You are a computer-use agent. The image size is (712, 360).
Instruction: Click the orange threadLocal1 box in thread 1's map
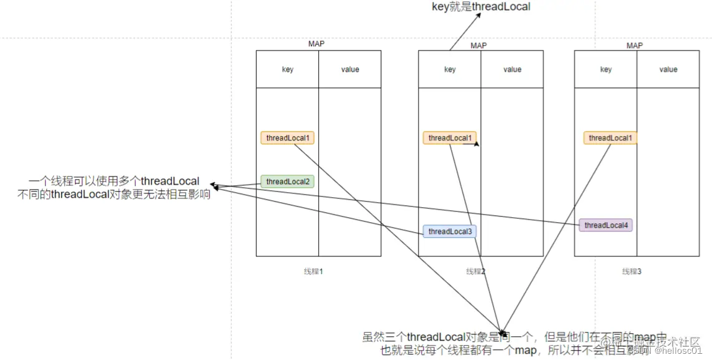pyautogui.click(x=288, y=138)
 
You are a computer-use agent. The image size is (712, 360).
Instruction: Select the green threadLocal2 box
pyautogui.click(x=288, y=182)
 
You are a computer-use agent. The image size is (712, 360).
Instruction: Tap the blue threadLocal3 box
pyautogui.click(x=449, y=231)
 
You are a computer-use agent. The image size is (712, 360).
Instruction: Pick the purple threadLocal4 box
pyautogui.click(x=605, y=225)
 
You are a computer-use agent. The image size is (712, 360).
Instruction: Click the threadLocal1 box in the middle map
pyautogui.click(x=449, y=138)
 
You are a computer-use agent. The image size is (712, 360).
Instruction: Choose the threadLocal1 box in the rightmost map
pyautogui.click(x=610, y=138)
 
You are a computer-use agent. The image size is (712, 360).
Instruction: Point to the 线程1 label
pyautogui.click(x=313, y=271)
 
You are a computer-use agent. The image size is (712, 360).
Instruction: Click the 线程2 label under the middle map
pyautogui.click(x=475, y=271)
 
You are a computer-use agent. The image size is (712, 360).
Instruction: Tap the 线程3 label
pyautogui.click(x=632, y=271)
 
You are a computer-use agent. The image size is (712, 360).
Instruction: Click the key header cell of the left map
pyautogui.click(x=288, y=69)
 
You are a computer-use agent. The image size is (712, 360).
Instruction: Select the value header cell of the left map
pyautogui.click(x=350, y=69)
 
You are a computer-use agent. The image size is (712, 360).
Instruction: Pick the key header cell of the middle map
pyautogui.click(x=450, y=69)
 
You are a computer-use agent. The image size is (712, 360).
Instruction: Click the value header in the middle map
pyautogui.click(x=512, y=69)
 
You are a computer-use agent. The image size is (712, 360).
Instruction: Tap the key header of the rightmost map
pyautogui.click(x=606, y=69)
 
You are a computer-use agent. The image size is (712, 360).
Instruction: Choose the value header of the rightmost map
pyautogui.click(x=668, y=69)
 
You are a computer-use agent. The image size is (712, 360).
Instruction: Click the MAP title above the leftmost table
pyautogui.click(x=316, y=44)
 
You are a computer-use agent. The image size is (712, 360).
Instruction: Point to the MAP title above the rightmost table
pyautogui.click(x=635, y=45)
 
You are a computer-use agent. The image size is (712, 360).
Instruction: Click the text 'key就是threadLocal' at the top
pyautogui.click(x=481, y=7)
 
